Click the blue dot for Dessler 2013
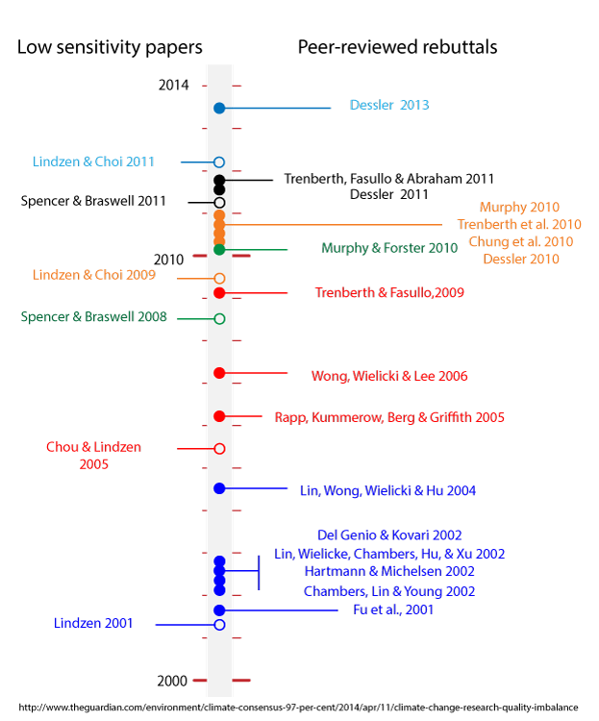click(219, 108)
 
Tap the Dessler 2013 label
click(388, 105)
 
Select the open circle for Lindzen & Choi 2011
click(219, 162)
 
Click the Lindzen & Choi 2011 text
click(93, 162)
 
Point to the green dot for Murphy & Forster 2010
click(219, 250)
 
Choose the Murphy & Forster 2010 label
click(389, 248)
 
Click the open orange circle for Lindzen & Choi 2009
click(219, 278)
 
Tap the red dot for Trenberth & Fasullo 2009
click(219, 293)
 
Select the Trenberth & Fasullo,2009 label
click(389, 292)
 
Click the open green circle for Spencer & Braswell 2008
click(219, 318)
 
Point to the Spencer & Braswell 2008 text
click(93, 316)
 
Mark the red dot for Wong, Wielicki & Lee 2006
click(219, 373)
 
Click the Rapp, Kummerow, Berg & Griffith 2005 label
click(389, 417)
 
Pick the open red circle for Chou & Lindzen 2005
click(219, 449)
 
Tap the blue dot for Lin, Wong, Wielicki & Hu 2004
click(219, 488)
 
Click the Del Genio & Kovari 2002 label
click(389, 535)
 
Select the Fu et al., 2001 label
click(393, 609)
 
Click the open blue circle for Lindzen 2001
click(219, 625)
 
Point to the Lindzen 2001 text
click(93, 624)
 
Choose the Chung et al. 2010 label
click(520, 241)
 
